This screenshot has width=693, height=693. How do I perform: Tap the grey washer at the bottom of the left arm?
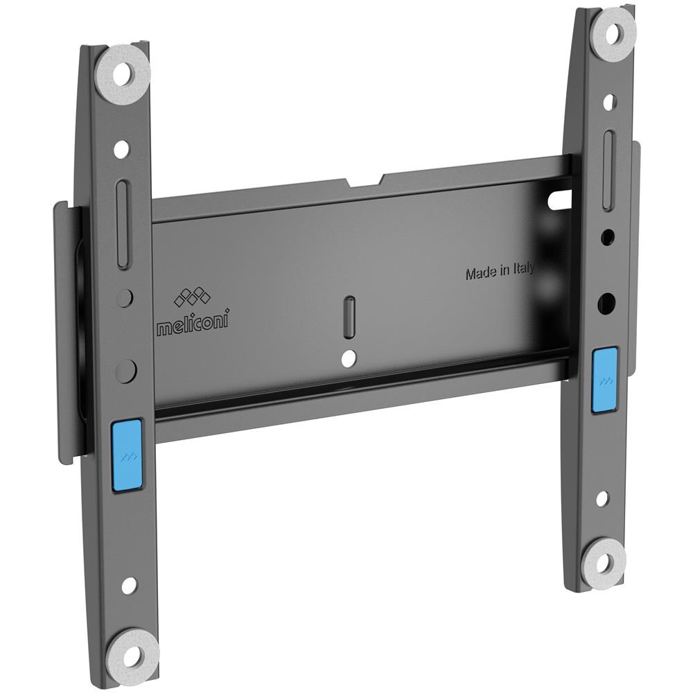[131, 653]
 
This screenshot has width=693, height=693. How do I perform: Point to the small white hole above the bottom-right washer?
[602, 498]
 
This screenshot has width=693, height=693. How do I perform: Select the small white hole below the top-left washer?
[121, 148]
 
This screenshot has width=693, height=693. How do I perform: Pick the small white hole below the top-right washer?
[609, 103]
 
